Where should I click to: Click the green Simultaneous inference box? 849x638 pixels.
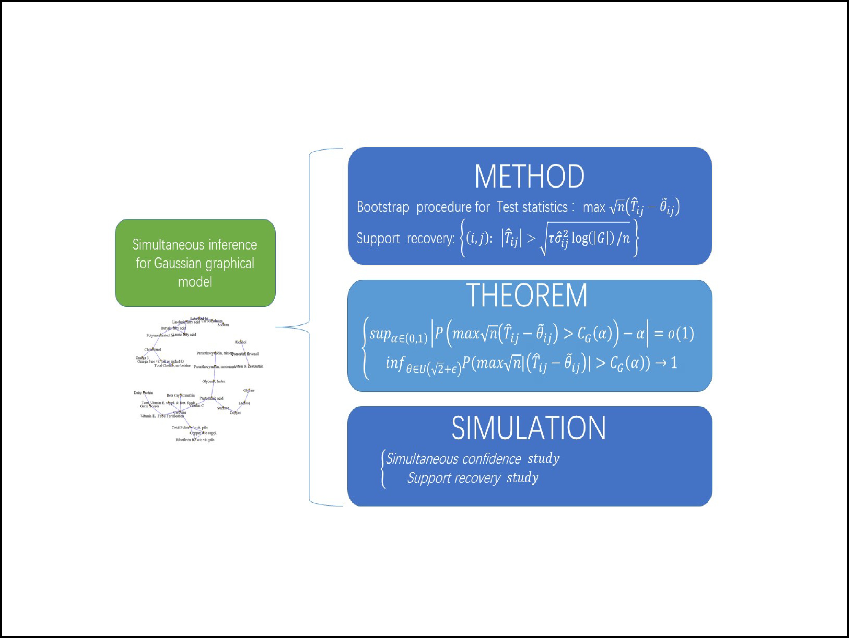[195, 263]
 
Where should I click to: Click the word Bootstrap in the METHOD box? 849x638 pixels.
[383, 207]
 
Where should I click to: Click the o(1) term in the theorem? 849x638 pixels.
[681, 333]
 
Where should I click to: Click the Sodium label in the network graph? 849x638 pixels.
[223, 325]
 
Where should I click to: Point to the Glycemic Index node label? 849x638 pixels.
[214, 381]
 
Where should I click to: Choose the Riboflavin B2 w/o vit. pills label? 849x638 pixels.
[195, 440]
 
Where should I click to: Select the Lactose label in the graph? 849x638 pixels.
[244, 403]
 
